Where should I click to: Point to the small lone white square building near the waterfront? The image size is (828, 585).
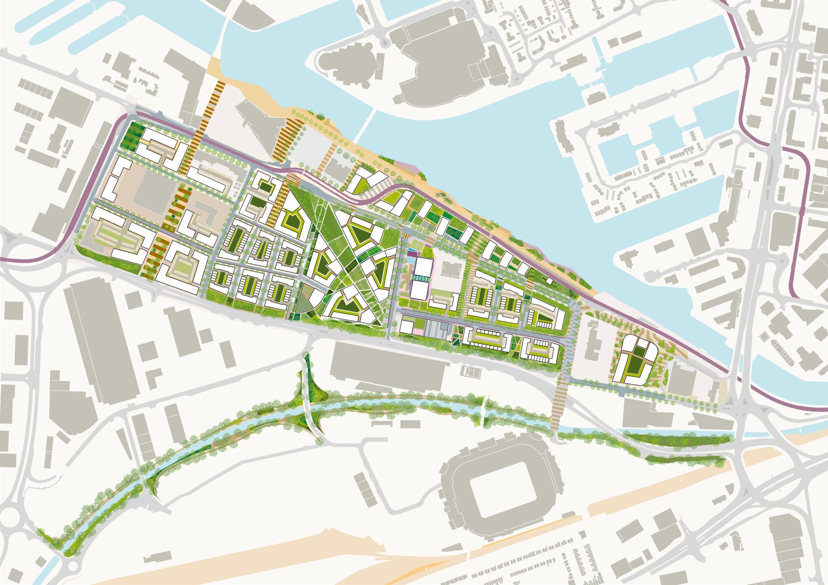pyautogui.click(x=549, y=280)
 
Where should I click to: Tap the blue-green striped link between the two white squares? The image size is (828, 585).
pyautogui.click(x=420, y=279)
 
